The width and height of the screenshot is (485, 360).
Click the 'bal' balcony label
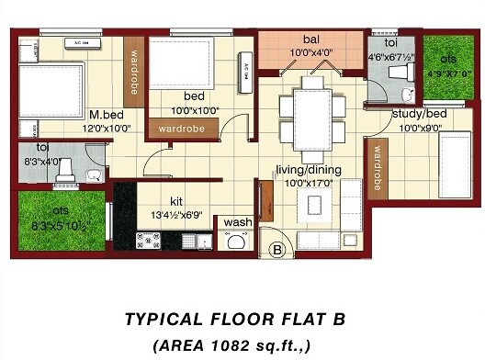pyautogui.click(x=310, y=40)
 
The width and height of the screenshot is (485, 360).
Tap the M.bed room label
pyautogui.click(x=107, y=116)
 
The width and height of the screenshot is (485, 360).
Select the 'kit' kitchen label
pyautogui.click(x=177, y=201)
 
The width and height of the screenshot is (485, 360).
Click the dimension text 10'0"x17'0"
pyautogui.click(x=309, y=183)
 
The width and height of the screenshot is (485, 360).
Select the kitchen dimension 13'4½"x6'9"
pyautogui.click(x=178, y=215)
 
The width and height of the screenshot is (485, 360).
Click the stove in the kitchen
pyautogui.click(x=148, y=242)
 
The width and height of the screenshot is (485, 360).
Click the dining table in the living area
pyautogui.click(x=313, y=112)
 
